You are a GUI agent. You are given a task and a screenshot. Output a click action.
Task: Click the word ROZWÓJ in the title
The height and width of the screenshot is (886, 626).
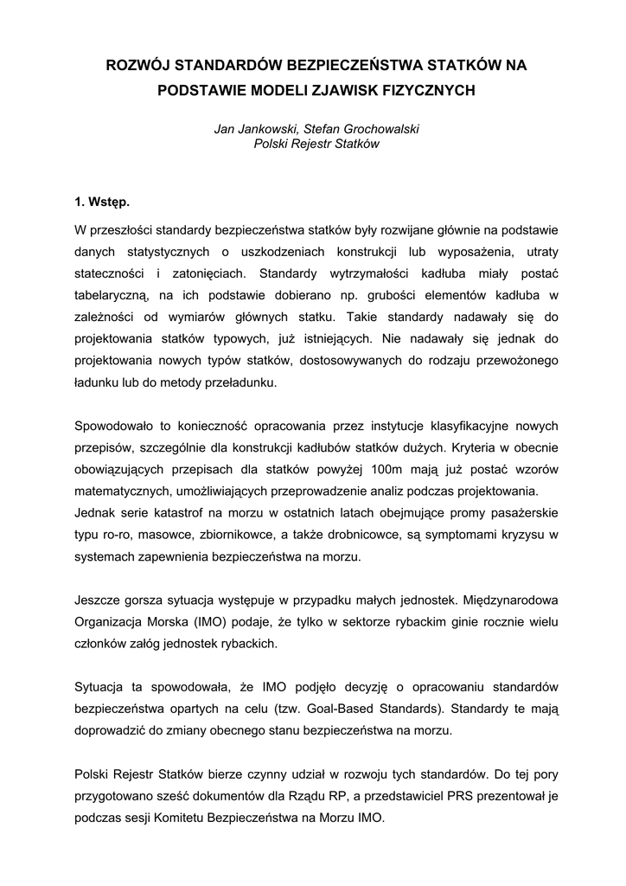click(135, 65)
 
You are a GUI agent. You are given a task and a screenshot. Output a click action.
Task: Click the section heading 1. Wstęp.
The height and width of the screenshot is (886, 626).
click(102, 202)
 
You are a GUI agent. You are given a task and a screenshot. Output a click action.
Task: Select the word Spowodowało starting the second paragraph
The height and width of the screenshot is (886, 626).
click(115, 427)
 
